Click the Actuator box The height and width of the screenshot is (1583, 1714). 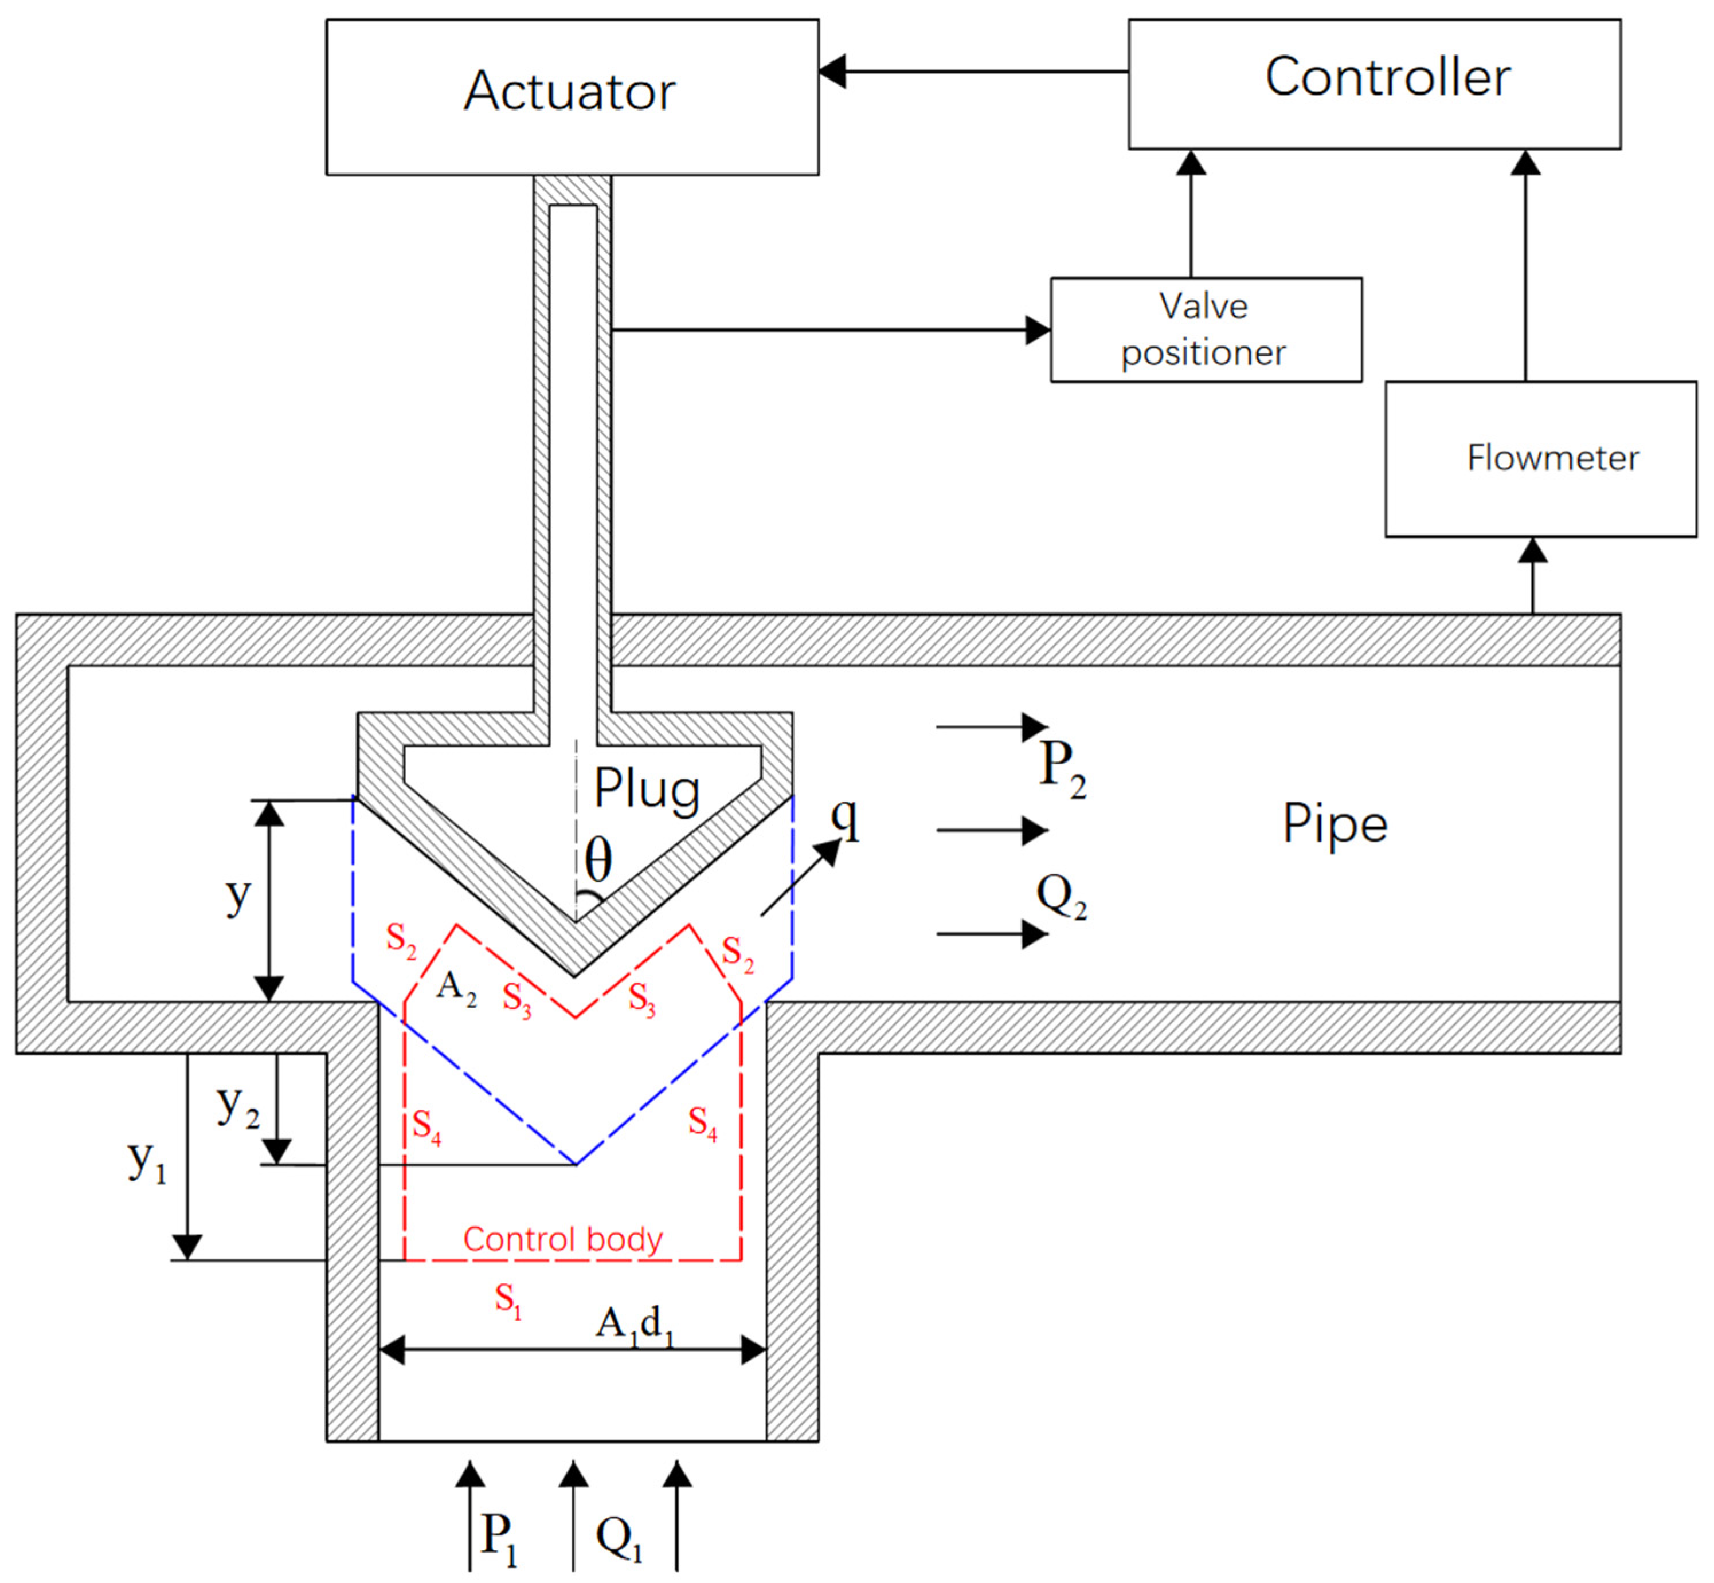point(572,97)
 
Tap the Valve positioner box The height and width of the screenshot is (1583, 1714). point(1205,330)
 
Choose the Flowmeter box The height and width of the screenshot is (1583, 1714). point(1540,459)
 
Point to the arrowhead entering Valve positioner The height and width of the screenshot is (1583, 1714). point(1038,330)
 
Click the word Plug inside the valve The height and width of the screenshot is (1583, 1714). point(647,789)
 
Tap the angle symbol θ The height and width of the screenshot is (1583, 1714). point(598,859)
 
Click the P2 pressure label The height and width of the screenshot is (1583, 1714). point(1062,768)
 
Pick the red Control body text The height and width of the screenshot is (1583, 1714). point(563,1239)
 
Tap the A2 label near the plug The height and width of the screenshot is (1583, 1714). point(456,988)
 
